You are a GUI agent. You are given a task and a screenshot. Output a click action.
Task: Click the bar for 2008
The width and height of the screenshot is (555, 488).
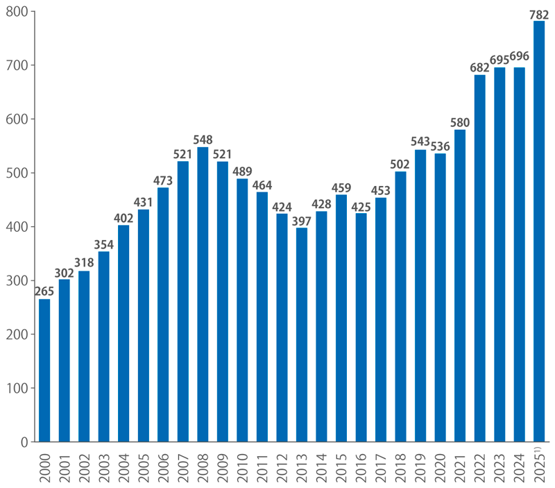coord(203,294)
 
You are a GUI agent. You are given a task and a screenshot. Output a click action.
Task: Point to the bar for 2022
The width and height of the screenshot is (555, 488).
coord(479,258)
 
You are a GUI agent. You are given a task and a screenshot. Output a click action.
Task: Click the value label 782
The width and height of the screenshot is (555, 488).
coord(539,13)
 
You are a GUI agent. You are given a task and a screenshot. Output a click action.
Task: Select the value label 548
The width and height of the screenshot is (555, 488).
coord(203,140)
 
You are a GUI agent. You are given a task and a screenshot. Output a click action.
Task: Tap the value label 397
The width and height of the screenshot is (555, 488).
coord(302,221)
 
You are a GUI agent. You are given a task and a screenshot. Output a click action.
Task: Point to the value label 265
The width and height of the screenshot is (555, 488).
coord(44,292)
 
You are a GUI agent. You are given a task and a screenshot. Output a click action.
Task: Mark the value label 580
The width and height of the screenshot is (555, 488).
coord(460,122)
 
